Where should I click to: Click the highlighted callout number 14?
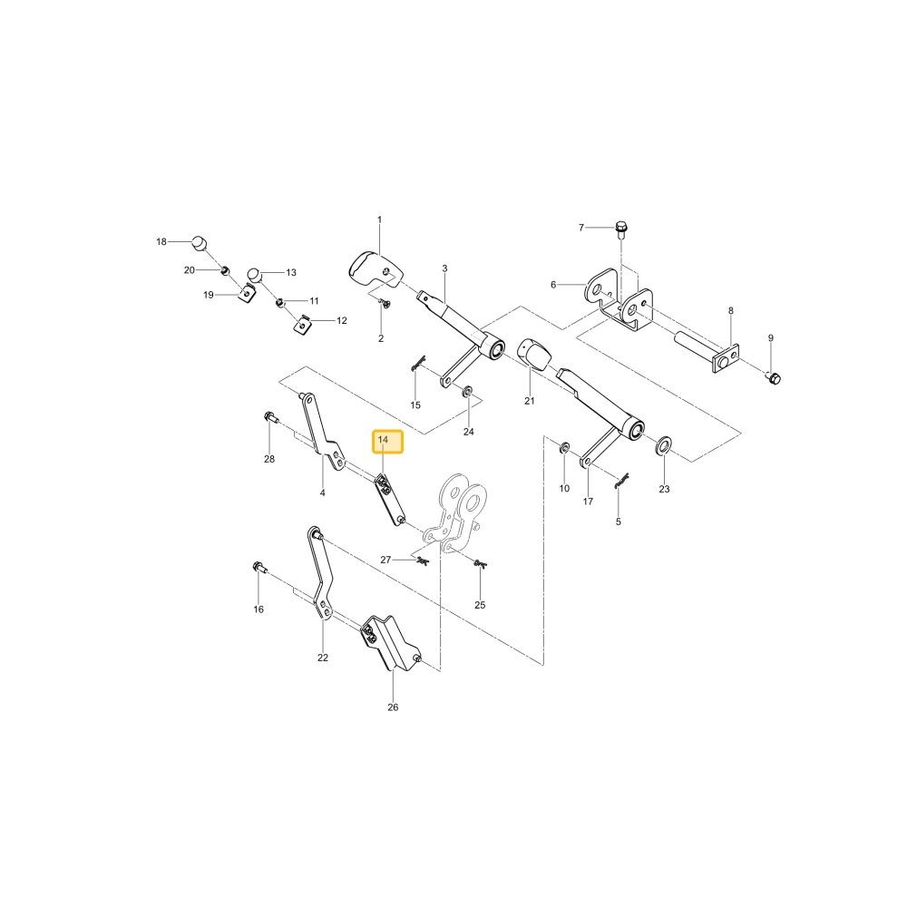383,440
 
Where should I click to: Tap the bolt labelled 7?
621,229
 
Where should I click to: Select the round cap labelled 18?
200,243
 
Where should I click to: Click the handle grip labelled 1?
373,268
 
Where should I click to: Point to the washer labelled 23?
665,445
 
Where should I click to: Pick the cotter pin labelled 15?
418,363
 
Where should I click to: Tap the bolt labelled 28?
270,416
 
